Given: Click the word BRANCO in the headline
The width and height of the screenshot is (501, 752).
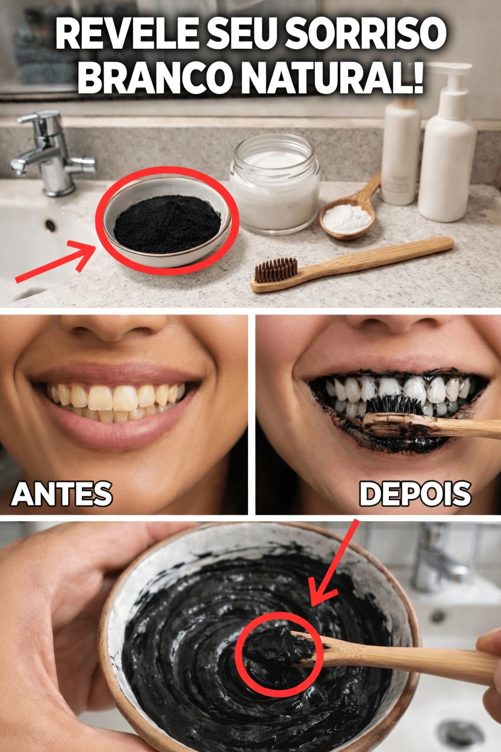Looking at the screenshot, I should coord(143,77).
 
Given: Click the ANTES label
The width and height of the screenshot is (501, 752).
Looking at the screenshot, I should coord(61,494).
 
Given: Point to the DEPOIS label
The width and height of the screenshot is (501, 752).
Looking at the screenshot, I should coord(415,494).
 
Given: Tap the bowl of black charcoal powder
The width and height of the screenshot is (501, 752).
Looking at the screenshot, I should coord(167,223).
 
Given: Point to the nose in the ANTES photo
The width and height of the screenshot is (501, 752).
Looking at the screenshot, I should coord(114,328).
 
